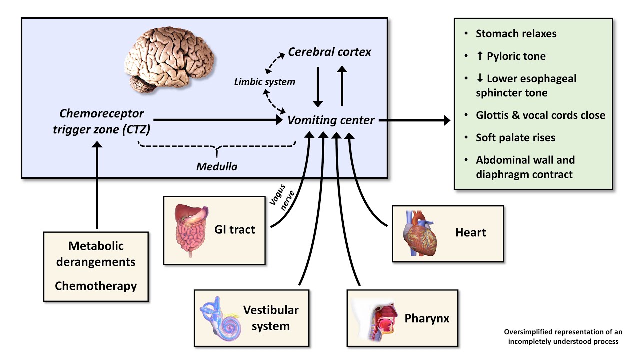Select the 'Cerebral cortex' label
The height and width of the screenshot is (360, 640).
click(x=330, y=52)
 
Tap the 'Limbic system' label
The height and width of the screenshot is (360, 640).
click(x=265, y=81)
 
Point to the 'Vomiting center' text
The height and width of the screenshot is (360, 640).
click(x=331, y=120)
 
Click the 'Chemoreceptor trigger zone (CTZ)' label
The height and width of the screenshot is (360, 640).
click(x=102, y=121)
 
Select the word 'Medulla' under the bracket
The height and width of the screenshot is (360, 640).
click(x=216, y=167)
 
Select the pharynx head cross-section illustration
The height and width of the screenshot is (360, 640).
click(x=375, y=318)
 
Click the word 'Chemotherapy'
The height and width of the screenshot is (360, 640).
click(x=96, y=286)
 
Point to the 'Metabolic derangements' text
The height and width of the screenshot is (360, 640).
click(x=96, y=254)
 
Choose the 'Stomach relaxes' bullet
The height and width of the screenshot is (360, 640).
click(x=516, y=34)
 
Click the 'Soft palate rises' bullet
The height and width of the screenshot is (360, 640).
click(x=515, y=137)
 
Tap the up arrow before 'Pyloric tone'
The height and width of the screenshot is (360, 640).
click(x=480, y=56)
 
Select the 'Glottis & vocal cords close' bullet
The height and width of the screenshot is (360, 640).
click(x=540, y=115)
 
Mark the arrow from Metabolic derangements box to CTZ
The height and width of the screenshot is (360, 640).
click(x=97, y=185)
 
